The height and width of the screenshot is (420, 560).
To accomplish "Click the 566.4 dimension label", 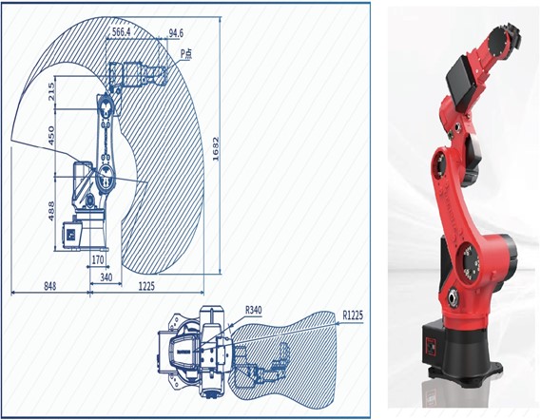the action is [121, 32].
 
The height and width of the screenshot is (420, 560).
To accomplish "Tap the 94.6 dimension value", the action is [176, 33].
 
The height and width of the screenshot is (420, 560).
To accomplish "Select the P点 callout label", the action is [186, 54].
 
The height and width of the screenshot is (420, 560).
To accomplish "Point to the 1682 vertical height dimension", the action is [216, 149].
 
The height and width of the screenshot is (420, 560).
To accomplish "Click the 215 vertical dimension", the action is [51, 91].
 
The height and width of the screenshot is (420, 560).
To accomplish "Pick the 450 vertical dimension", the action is [51, 135].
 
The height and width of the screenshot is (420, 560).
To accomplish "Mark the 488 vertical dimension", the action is [51, 211].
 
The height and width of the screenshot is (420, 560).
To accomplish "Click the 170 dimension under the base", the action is [98, 259].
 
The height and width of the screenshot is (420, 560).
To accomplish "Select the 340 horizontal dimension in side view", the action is [106, 277].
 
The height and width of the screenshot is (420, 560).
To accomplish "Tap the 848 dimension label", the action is [50, 286].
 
